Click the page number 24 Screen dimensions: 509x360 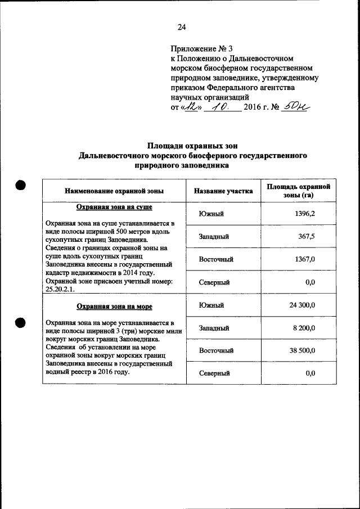(181, 27)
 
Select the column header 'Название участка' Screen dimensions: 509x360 (223, 191)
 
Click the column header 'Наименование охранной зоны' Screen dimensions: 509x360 (114, 191)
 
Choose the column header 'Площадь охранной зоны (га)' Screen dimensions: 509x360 (298, 191)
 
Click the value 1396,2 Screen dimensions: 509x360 (305, 214)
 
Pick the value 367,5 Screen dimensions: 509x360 (306, 237)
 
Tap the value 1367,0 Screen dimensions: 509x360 (305, 259)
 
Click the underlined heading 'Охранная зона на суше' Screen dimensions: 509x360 (114, 207)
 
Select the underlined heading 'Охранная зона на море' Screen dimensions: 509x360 (114, 307)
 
